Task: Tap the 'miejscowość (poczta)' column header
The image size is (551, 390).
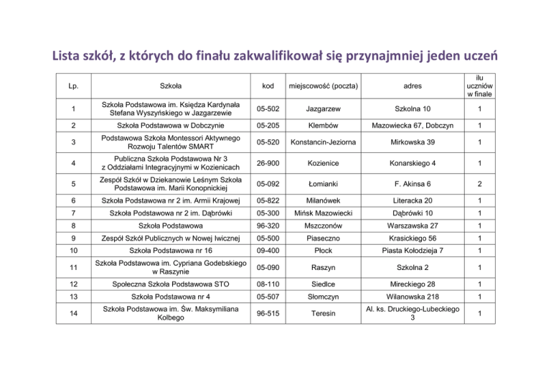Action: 323,87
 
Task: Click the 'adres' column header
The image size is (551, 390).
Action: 413,87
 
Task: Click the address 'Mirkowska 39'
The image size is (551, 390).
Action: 413,142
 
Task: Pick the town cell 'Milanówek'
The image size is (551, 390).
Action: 323,200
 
